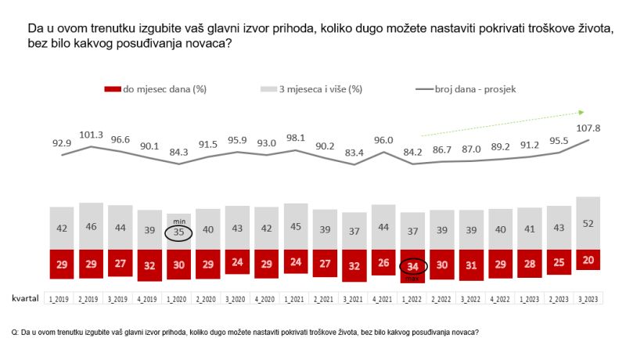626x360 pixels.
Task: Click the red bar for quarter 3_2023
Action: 588,260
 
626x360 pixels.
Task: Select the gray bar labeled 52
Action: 588,223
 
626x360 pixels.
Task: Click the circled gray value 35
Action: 180,232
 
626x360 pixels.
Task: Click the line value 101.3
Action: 92,134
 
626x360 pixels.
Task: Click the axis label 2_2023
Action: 558,299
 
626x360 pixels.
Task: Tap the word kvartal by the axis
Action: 26,298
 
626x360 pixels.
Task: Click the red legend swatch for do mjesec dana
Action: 112,88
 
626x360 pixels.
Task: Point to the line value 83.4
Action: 355,151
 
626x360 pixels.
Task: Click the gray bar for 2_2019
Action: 92,226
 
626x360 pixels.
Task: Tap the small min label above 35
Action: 178,221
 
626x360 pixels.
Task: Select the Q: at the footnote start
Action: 15,332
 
